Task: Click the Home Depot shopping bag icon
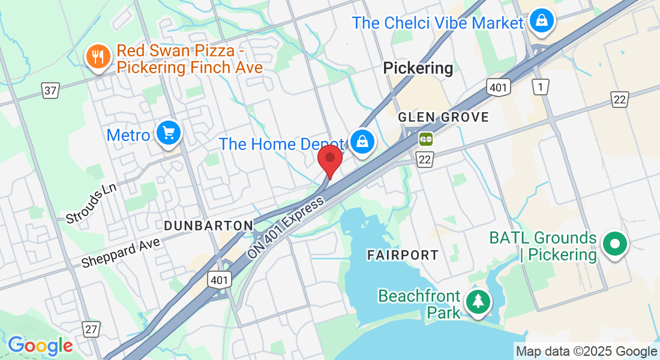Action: point(362,142)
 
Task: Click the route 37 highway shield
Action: point(51,91)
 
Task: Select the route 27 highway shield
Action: point(91,329)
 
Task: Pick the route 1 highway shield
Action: point(541,88)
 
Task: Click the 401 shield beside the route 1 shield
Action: point(499,88)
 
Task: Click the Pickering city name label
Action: point(418,68)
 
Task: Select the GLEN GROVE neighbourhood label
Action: point(444,117)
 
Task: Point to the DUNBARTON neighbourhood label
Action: point(208,225)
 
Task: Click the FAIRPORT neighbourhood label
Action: point(403,255)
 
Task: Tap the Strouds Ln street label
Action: point(91,204)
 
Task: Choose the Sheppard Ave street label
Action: point(122,252)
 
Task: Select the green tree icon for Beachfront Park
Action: point(478,301)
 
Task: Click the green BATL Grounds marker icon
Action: point(615,244)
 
